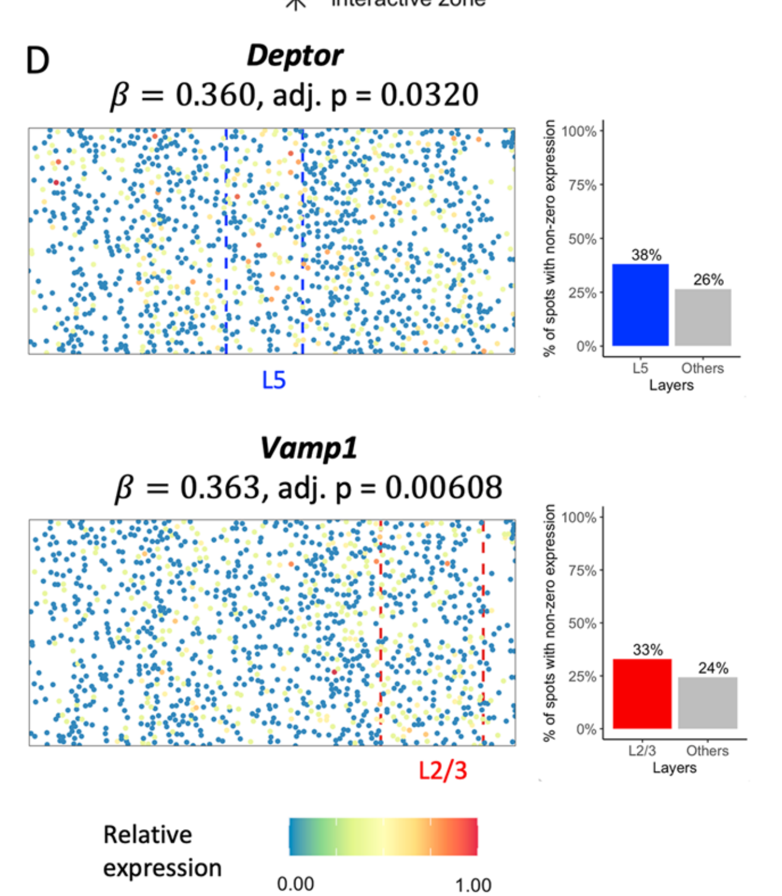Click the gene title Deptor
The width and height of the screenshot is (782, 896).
[x=294, y=56]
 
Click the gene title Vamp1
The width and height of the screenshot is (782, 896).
[x=309, y=448]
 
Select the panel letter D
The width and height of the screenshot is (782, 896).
[x=37, y=60]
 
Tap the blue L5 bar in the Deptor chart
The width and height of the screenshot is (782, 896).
[x=640, y=305]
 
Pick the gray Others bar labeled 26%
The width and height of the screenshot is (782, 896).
[x=703, y=317]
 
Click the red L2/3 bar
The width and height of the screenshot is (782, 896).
[x=642, y=693]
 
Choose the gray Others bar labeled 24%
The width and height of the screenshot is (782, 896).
[x=708, y=703]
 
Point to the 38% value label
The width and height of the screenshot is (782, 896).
[x=646, y=255]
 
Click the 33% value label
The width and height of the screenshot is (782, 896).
[x=648, y=650]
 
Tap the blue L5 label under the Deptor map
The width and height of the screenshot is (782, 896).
[x=274, y=380]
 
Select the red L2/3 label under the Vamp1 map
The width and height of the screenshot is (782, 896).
[x=443, y=770]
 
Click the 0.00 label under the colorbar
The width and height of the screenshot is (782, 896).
[x=295, y=884]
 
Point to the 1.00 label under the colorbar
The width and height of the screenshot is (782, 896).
[x=473, y=885]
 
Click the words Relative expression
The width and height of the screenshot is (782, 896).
[x=162, y=851]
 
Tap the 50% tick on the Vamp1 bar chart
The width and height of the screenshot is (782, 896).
[x=582, y=623]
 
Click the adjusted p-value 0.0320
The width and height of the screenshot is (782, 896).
[x=429, y=95]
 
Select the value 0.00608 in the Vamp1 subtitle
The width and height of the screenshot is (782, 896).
[x=443, y=487]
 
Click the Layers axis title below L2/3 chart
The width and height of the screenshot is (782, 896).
[x=674, y=768]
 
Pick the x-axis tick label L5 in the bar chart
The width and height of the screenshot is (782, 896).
[x=640, y=368]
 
